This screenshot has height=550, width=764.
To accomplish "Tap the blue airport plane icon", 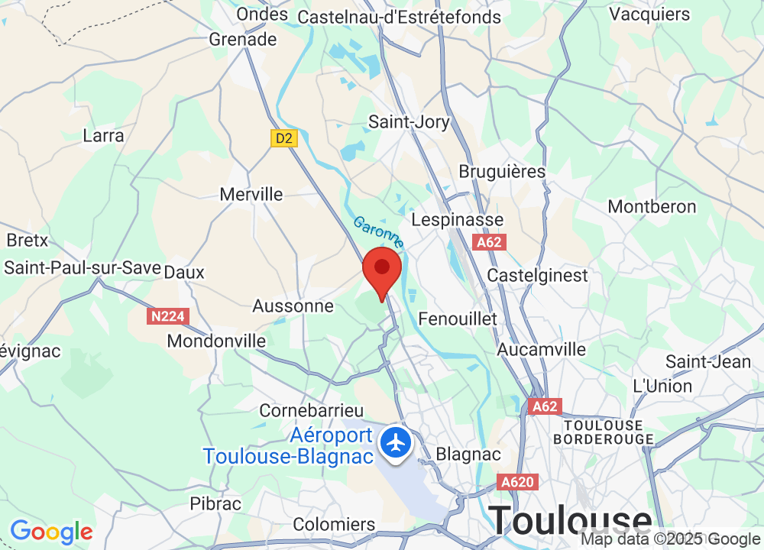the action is click(396, 442).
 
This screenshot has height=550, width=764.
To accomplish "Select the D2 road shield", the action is click(283, 138).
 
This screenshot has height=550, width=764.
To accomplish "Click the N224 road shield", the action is click(167, 315).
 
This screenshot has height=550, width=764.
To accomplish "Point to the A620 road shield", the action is click(517, 483).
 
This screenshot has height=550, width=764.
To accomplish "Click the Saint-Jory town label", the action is click(409, 121).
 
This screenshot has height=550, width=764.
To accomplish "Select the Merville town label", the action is click(251, 195).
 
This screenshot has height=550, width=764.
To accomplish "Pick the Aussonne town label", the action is click(293, 306).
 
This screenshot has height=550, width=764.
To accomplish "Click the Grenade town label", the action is click(243, 40).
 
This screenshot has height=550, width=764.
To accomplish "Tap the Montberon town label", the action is click(652, 207).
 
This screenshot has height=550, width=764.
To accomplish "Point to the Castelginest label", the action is click(538, 275).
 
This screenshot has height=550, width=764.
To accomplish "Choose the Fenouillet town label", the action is click(458, 319).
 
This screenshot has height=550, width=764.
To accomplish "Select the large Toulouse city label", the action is click(571, 520).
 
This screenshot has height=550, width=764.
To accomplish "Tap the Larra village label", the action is click(103, 136).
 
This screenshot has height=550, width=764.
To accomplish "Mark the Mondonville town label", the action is click(216, 341).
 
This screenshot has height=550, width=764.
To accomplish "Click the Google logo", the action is click(51, 532).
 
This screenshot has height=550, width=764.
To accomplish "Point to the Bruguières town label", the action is click(502, 171).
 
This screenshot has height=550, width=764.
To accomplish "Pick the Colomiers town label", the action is click(334, 525).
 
